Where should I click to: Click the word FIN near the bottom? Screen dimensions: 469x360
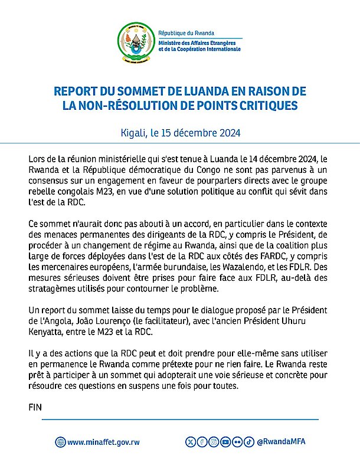pos(36,407)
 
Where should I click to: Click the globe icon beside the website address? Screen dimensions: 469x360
pos(60,442)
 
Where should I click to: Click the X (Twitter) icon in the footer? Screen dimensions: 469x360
pos(189,442)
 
